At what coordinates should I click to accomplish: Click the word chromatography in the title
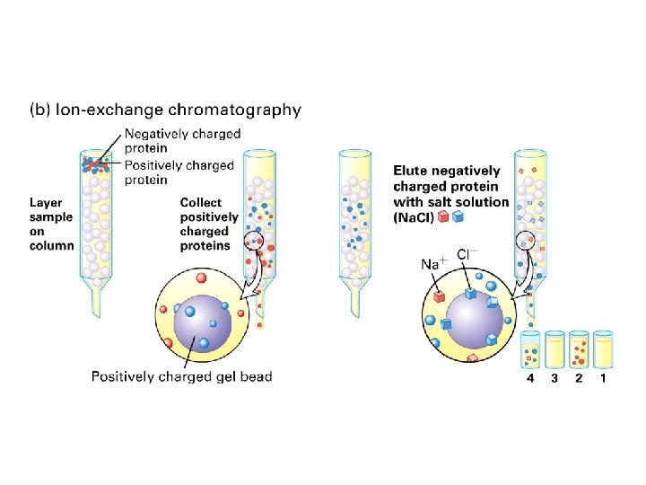[x=240, y=110]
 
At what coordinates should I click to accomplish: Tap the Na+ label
[x=434, y=264]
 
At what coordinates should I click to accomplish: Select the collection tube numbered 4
[x=530, y=349]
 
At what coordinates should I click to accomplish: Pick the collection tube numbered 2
[x=579, y=349]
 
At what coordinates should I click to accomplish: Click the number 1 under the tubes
[x=603, y=379]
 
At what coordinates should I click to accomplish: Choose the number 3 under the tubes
[x=554, y=379]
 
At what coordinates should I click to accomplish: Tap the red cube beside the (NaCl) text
[x=443, y=216]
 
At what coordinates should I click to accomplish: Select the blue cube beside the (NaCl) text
[x=458, y=216]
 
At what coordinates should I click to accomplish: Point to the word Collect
[x=202, y=202]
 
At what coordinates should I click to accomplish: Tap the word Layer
[x=47, y=202]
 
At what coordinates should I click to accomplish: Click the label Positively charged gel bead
[x=181, y=375]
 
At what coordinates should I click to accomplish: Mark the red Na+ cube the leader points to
[x=441, y=295]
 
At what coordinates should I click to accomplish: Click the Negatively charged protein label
[x=182, y=141]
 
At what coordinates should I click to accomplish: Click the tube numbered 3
[x=554, y=349]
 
